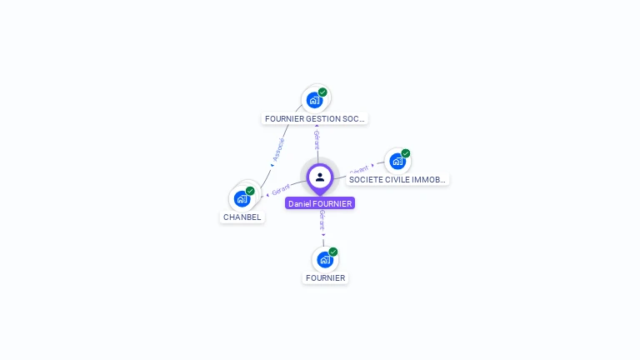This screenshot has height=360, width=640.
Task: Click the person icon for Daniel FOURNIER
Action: click(x=320, y=177)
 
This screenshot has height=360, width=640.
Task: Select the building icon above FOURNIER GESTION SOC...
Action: click(x=314, y=100)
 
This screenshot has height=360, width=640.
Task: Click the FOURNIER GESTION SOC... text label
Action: click(x=315, y=119)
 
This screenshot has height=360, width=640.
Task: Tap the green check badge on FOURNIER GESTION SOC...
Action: click(x=322, y=92)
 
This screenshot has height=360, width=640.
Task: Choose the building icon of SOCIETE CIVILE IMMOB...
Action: click(x=397, y=161)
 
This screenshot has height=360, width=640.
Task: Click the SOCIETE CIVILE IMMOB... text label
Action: click(x=397, y=179)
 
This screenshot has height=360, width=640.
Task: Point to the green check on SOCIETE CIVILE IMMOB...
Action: click(x=406, y=153)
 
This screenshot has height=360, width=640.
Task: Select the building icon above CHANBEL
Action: click(x=242, y=198)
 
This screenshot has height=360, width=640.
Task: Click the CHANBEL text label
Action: click(x=242, y=217)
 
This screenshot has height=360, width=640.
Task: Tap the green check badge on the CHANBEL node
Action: click(x=250, y=191)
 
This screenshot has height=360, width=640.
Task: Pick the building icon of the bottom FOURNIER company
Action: click(x=325, y=259)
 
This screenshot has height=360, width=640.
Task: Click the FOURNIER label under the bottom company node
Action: click(x=326, y=278)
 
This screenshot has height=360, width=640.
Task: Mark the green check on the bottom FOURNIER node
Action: click(x=333, y=252)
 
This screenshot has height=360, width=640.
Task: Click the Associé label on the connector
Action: click(x=278, y=149)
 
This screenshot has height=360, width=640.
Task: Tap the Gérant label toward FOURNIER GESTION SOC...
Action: click(x=317, y=139)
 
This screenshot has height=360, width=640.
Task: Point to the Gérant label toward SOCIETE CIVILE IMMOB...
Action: click(x=359, y=169)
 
